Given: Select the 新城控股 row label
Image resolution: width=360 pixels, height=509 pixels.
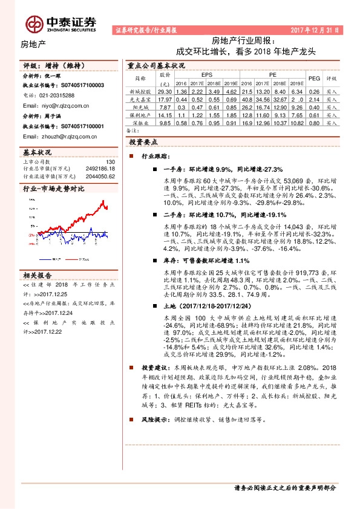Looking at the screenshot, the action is (x=139, y=91).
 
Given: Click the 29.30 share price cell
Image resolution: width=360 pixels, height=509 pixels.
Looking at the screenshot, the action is (x=165, y=91).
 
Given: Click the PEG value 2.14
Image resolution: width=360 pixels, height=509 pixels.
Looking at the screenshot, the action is (x=313, y=99).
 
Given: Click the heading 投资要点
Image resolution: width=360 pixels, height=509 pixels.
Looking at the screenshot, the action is (x=143, y=141).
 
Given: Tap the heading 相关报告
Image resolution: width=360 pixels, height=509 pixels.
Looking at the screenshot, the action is (x=38, y=273).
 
